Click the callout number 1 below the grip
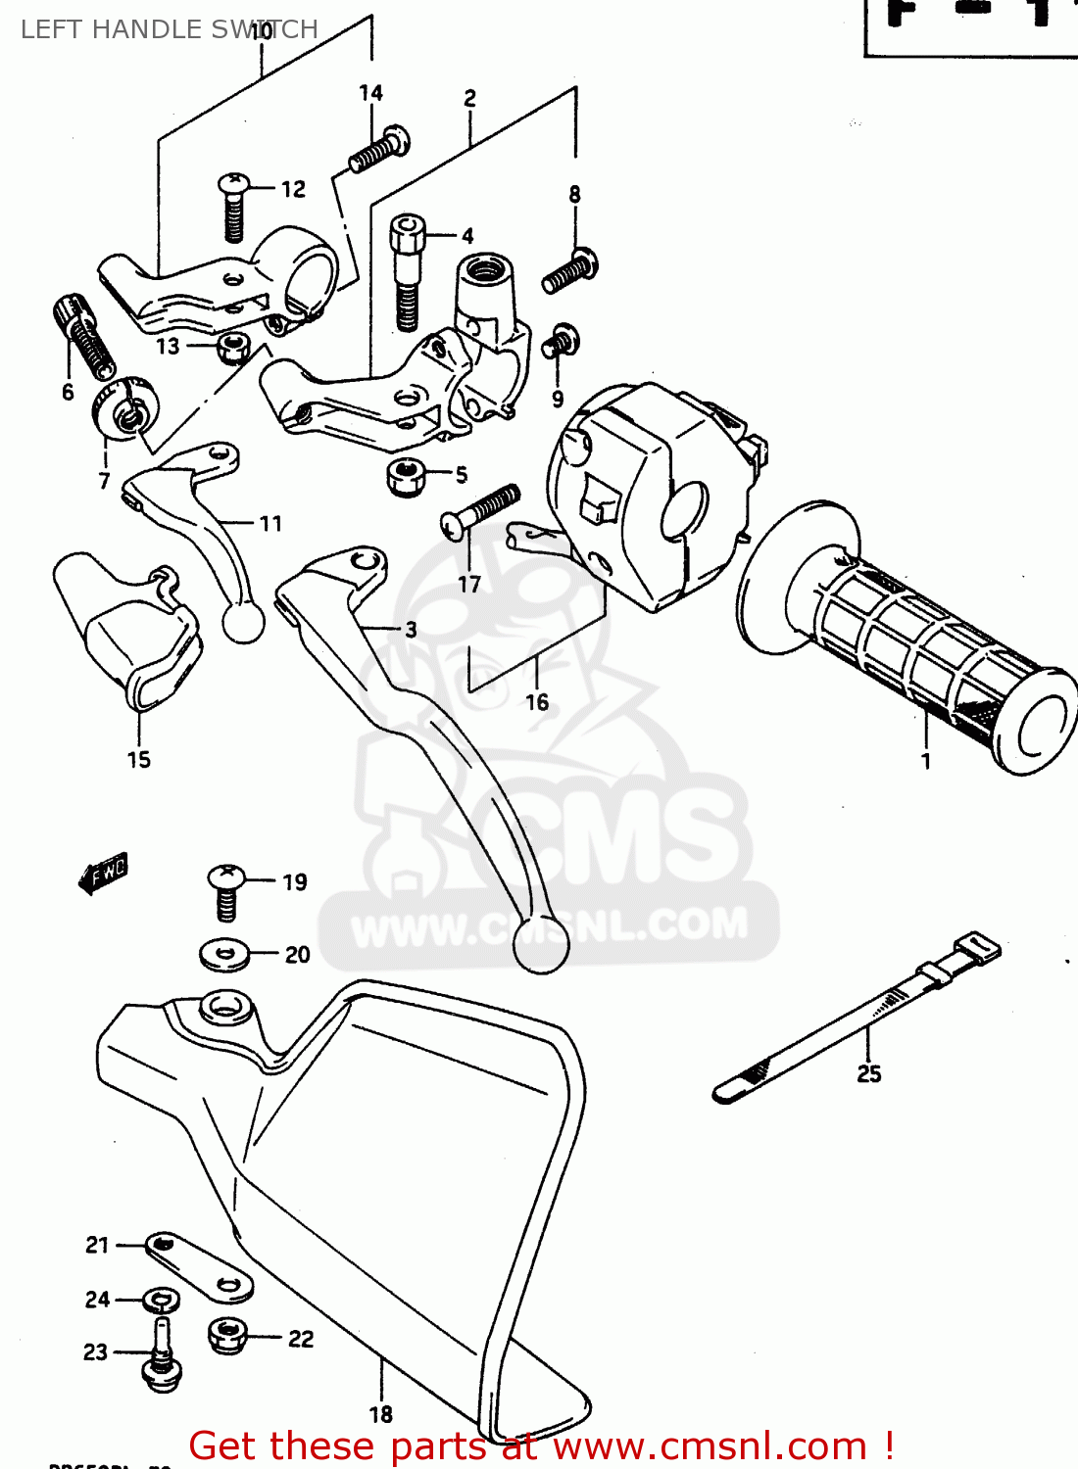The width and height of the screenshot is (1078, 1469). tap(925, 761)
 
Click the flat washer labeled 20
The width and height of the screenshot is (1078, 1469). tap(225, 954)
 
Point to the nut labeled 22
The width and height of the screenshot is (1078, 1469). tap(228, 1335)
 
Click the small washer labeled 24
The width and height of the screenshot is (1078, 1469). tap(162, 1300)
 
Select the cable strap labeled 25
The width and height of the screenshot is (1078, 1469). tap(853, 1019)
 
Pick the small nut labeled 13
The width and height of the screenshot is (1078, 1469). tap(233, 346)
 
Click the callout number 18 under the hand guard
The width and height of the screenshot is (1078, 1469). tap(381, 1414)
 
